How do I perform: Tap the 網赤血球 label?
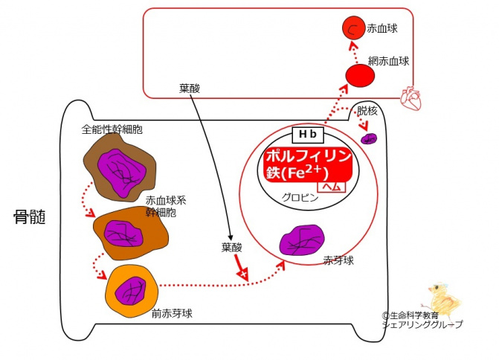388,60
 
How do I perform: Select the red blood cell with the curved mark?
352,29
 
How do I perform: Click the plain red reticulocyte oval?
359,75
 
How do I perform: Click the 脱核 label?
367,110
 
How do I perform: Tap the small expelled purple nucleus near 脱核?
368,138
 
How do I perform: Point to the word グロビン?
300,198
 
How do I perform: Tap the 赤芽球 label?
338,261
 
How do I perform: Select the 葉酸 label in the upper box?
190,88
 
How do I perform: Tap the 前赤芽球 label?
172,313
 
